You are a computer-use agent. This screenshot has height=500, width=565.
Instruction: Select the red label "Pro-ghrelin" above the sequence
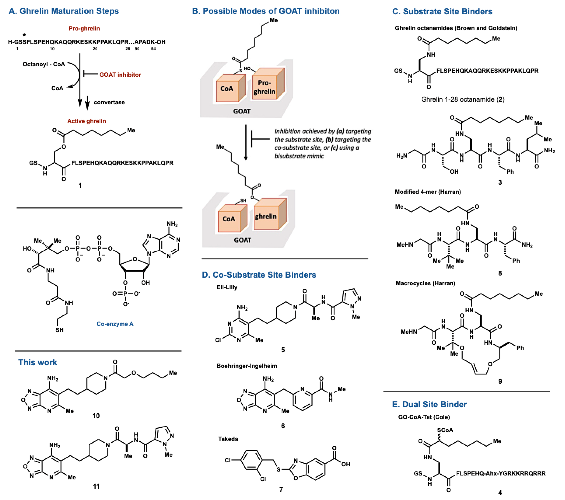[84, 28]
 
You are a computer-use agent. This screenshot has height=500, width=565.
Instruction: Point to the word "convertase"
[109, 102]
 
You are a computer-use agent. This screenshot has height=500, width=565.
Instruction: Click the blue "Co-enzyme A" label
[115, 324]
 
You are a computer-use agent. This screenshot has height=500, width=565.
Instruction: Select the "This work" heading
[38, 363]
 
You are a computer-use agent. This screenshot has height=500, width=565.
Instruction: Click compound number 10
[96, 416]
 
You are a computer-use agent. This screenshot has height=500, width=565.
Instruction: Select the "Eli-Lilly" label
[227, 287]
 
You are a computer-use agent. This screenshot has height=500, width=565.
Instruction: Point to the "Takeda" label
[228, 439]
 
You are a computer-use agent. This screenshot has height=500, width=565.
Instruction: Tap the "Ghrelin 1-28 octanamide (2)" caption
[463, 99]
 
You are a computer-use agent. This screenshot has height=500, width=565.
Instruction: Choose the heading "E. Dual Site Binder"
[429, 405]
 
